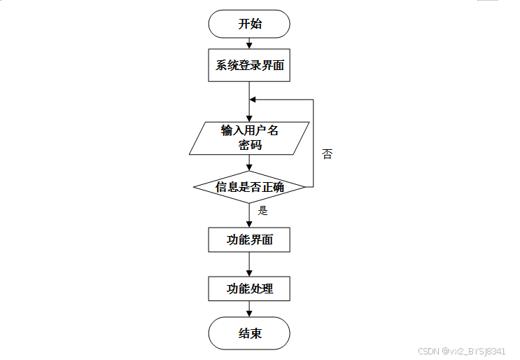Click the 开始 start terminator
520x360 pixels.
pos(249,24)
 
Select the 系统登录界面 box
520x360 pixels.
pos(249,65)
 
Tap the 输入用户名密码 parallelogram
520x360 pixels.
pos(249,138)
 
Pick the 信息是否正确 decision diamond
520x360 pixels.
pos(249,187)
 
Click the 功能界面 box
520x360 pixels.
pos(249,240)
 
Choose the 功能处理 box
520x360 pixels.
pos(249,289)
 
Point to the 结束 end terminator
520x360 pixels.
pos(249,333)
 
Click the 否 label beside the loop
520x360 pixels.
pos(327,154)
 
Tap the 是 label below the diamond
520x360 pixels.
pos(263,209)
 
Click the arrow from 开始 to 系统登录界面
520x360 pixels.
pos(249,43)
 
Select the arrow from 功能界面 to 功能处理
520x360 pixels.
pos(249,264)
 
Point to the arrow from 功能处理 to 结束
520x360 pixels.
pos(249,310)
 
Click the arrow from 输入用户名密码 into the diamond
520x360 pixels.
pos(249,163)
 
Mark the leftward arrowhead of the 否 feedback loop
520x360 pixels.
pos(253,99)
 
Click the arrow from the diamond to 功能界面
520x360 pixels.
pos(249,216)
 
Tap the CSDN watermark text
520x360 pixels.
pos(461,351)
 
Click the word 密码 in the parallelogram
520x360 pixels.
pos(249,145)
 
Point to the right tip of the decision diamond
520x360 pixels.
pos(304,187)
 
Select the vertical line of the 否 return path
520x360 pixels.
pos(313,144)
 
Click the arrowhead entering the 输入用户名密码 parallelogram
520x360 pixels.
pos(249,118)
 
